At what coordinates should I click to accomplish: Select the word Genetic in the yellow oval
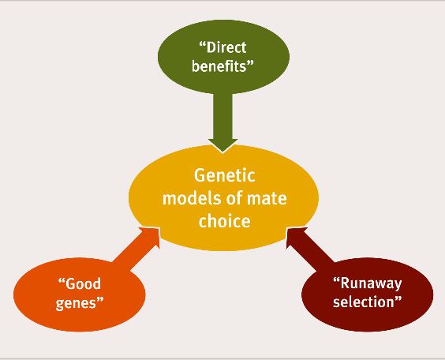(225, 175)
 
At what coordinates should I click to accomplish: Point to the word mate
(267, 198)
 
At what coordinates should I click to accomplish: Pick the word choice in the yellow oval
(225, 220)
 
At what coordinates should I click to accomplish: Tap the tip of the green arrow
(223, 152)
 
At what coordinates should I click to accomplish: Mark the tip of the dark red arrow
(287, 227)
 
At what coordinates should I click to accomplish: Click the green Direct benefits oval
(223, 57)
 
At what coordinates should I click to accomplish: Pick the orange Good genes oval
(80, 294)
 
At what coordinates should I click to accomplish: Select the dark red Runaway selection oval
(367, 294)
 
